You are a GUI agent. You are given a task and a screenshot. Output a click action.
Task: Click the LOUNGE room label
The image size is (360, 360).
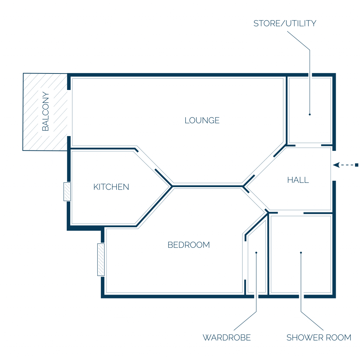pyautogui.click(x=202, y=120)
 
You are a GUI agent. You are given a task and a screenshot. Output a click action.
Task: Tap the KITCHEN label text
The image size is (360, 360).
pyautogui.click(x=111, y=187)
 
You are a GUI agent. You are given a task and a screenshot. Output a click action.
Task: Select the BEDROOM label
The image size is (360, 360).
pyautogui.click(x=189, y=245)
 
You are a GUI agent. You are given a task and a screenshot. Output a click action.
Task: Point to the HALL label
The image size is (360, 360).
pyautogui.click(x=298, y=180)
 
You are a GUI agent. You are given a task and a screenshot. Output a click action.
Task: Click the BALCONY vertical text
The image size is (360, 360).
pyautogui.click(x=45, y=111)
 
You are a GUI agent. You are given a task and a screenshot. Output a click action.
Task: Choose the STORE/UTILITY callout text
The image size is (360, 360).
pyautogui.click(x=285, y=24)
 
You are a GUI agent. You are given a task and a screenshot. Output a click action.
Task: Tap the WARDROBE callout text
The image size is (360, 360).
pyautogui.click(x=227, y=337)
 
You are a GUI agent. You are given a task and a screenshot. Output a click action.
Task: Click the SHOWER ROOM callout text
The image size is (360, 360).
pyautogui.click(x=319, y=337)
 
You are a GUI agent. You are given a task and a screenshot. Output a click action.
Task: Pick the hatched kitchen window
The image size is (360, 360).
pyautogui.click(x=67, y=192)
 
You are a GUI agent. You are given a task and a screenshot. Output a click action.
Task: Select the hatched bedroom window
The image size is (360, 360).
pyautogui.click(x=101, y=260)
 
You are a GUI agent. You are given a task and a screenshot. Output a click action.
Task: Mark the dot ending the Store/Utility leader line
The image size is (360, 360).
pyautogui.click(x=310, y=114)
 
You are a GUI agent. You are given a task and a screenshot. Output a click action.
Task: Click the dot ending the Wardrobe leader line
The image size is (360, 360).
pyautogui.click(x=256, y=252)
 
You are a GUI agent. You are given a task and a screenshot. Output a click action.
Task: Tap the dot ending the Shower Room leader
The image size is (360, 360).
pyautogui.click(x=301, y=252)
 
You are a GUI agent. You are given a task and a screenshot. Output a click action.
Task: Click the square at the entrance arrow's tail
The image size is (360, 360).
pyautogui.click(x=357, y=165)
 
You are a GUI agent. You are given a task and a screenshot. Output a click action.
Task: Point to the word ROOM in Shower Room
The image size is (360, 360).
pyautogui.click(x=339, y=337)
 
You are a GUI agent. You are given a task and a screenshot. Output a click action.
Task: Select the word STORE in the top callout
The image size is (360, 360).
pyautogui.click(x=267, y=24)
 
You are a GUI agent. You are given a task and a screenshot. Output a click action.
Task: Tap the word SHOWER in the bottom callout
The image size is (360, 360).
pyautogui.click(x=304, y=337)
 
